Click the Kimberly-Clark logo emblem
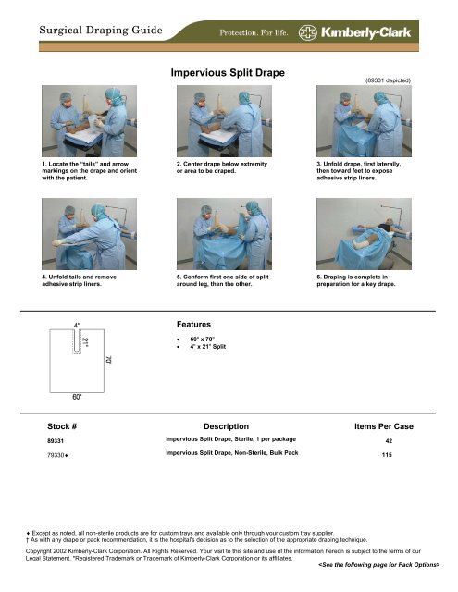(308, 33)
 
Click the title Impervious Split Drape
(228, 72)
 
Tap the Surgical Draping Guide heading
(101, 31)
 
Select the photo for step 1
(89, 121)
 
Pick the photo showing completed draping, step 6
(364, 234)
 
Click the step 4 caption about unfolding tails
(80, 280)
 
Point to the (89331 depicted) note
(388, 80)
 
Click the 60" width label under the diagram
(77, 397)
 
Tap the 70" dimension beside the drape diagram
(109, 360)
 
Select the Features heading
(193, 325)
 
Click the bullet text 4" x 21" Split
(207, 346)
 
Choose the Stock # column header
(62, 426)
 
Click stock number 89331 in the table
(56, 440)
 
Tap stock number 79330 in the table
(56, 455)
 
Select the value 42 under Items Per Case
(389, 440)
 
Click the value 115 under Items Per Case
(387, 454)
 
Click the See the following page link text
(379, 565)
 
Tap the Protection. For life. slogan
(254, 33)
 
